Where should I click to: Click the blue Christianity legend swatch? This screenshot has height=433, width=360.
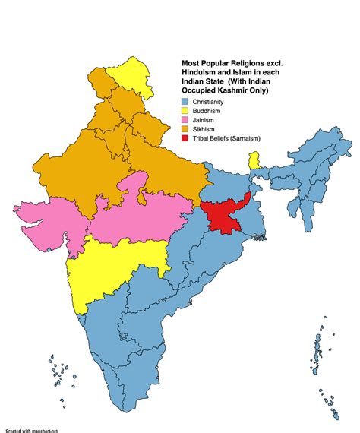[185, 101]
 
